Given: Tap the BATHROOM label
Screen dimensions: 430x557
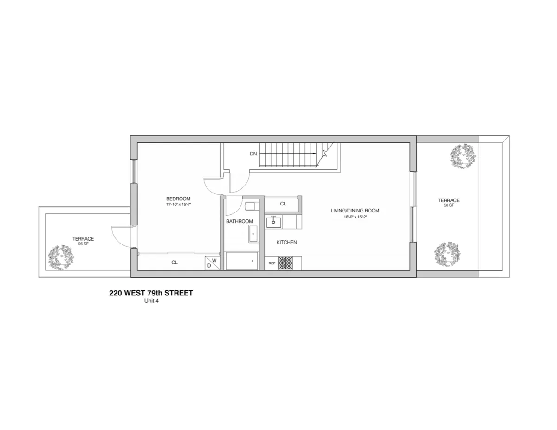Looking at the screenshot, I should click(x=240, y=221).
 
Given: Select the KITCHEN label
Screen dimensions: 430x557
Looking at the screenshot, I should click(x=287, y=243).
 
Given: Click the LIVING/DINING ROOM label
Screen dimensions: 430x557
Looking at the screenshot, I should click(x=355, y=211).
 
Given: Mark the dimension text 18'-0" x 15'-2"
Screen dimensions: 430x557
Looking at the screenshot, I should click(x=355, y=216).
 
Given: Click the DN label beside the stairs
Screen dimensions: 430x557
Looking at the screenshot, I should click(x=253, y=153).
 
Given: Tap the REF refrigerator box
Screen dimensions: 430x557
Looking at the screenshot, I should click(x=272, y=263).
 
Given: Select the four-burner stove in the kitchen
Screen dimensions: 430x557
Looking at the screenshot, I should click(x=286, y=263).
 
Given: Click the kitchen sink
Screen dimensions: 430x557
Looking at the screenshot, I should click(x=273, y=222).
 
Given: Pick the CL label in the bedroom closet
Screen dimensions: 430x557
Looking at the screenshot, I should click(x=175, y=263).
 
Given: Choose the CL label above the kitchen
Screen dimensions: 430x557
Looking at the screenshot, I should click(x=283, y=204).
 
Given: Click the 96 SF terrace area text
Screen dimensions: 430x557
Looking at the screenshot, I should click(x=83, y=244).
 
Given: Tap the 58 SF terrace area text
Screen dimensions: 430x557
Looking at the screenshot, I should click(x=448, y=205).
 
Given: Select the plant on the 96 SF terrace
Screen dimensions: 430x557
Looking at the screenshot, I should click(x=61, y=257).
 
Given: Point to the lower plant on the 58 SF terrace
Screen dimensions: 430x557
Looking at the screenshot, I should click(x=447, y=253).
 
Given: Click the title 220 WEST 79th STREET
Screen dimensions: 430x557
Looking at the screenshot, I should click(x=151, y=293).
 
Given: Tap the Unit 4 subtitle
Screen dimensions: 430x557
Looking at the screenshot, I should click(x=151, y=301).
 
